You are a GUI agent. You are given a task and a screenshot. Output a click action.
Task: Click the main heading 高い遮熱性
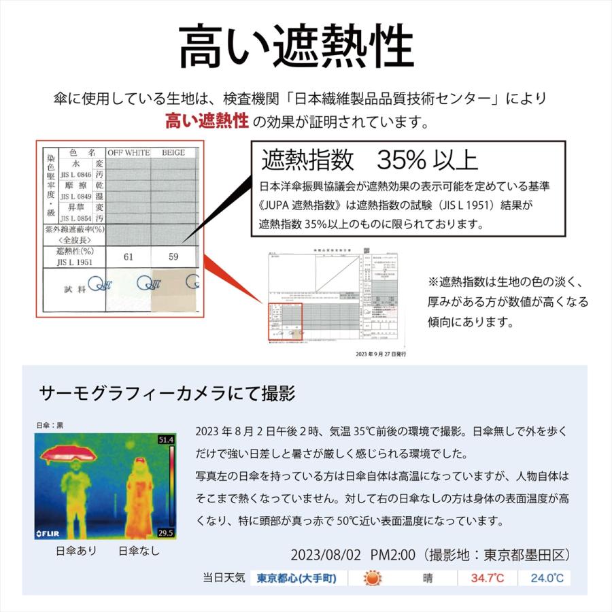coord(296,47)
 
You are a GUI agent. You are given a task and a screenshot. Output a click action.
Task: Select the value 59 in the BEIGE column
coord(173,257)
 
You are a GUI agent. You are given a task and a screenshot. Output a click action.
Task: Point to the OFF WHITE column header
coord(128,153)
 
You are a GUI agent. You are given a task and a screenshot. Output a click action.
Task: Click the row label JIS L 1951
coord(75,262)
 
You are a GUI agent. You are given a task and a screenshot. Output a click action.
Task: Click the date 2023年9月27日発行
coord(381,354)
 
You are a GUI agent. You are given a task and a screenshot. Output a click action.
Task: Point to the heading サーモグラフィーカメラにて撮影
coord(167,394)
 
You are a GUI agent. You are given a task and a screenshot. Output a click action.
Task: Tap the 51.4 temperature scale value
coord(167,440)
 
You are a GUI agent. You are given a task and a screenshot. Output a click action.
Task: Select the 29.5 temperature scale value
coord(167,532)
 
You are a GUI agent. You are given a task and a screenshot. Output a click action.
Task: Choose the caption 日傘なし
coord(139,551)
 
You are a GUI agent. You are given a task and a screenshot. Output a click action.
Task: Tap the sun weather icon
coord(372,579)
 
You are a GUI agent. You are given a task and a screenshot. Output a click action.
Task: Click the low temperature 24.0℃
coord(545,579)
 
